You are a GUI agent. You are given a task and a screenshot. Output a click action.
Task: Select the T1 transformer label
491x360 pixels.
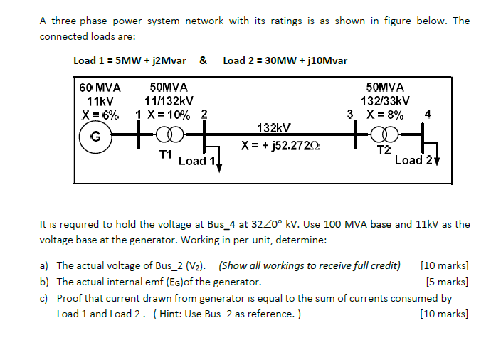(x=165, y=154)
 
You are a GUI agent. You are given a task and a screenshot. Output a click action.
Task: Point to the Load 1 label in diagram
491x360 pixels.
(x=196, y=161)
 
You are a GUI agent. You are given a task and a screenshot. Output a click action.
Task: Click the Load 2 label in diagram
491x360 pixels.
(x=413, y=159)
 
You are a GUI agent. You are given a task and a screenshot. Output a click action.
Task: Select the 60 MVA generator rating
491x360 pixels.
(x=99, y=88)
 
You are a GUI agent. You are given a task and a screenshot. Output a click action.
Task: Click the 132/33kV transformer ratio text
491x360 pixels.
(x=385, y=100)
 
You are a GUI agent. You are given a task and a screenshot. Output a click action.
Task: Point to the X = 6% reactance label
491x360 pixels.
(x=100, y=114)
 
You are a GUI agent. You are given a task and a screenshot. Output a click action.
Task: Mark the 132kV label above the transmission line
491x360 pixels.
(x=273, y=127)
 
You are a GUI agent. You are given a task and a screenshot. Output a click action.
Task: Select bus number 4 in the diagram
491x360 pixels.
(x=427, y=113)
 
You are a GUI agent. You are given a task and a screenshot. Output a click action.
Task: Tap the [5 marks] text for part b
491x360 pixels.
(x=446, y=282)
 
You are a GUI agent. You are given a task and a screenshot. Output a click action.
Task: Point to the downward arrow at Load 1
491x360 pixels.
(x=219, y=166)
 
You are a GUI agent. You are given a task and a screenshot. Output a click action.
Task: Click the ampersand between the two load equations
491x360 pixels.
(x=204, y=60)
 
